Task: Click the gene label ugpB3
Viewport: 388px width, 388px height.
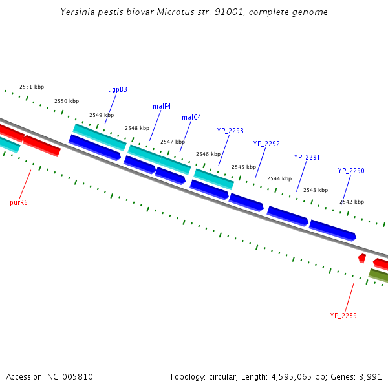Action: pyautogui.click(x=117, y=89)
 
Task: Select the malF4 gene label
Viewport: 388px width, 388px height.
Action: pyautogui.click(x=162, y=106)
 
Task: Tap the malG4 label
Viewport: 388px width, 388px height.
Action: pyautogui.click(x=191, y=117)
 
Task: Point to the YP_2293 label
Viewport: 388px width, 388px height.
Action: pyautogui.click(x=230, y=131)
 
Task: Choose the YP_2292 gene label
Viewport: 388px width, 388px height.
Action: pyautogui.click(x=266, y=144)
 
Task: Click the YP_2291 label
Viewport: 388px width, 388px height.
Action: pyautogui.click(x=307, y=157)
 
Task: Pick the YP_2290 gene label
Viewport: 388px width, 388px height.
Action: pyautogui.click(x=351, y=171)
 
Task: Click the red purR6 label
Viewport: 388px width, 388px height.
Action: pyautogui.click(x=19, y=202)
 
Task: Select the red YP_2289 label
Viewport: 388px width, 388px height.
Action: pyautogui.click(x=343, y=316)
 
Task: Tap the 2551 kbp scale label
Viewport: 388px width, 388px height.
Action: pyautogui.click(x=32, y=87)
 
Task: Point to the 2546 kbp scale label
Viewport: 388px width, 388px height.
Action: pyautogui.click(x=208, y=154)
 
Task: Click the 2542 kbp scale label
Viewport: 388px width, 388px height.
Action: pyautogui.click(x=352, y=202)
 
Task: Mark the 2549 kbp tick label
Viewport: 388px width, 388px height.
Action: pyautogui.click(x=102, y=115)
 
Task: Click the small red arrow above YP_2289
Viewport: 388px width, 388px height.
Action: pyautogui.click(x=362, y=258)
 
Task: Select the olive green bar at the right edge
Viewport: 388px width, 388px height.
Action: pyautogui.click(x=379, y=275)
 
